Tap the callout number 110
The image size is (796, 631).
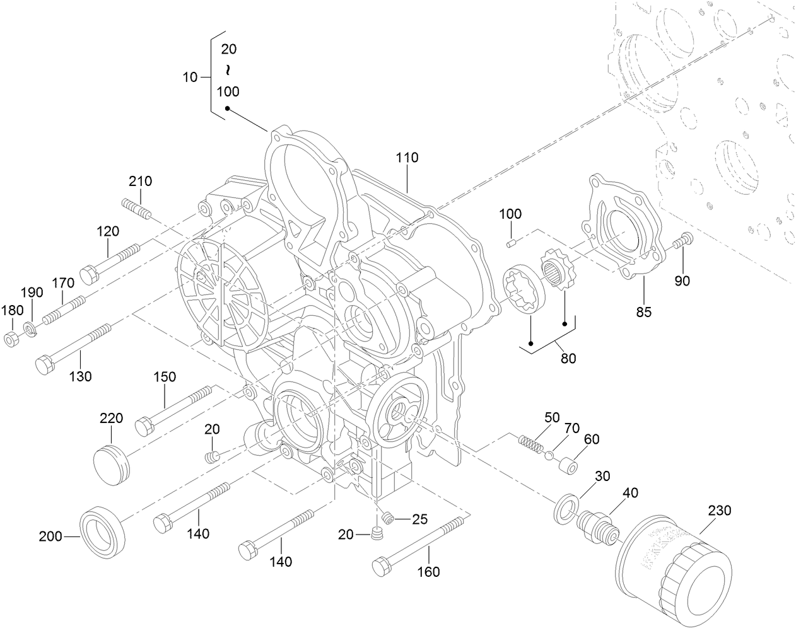click(x=407, y=158)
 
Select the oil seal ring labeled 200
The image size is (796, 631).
click(x=102, y=531)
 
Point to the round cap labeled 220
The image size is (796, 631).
click(x=112, y=464)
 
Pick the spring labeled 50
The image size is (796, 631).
click(x=530, y=443)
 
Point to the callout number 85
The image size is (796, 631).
click(x=643, y=311)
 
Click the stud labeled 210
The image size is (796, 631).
click(x=136, y=209)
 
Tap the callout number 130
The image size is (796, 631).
click(x=80, y=376)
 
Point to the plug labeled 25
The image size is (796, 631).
click(x=387, y=518)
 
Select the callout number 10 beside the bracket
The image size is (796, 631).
click(x=190, y=78)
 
